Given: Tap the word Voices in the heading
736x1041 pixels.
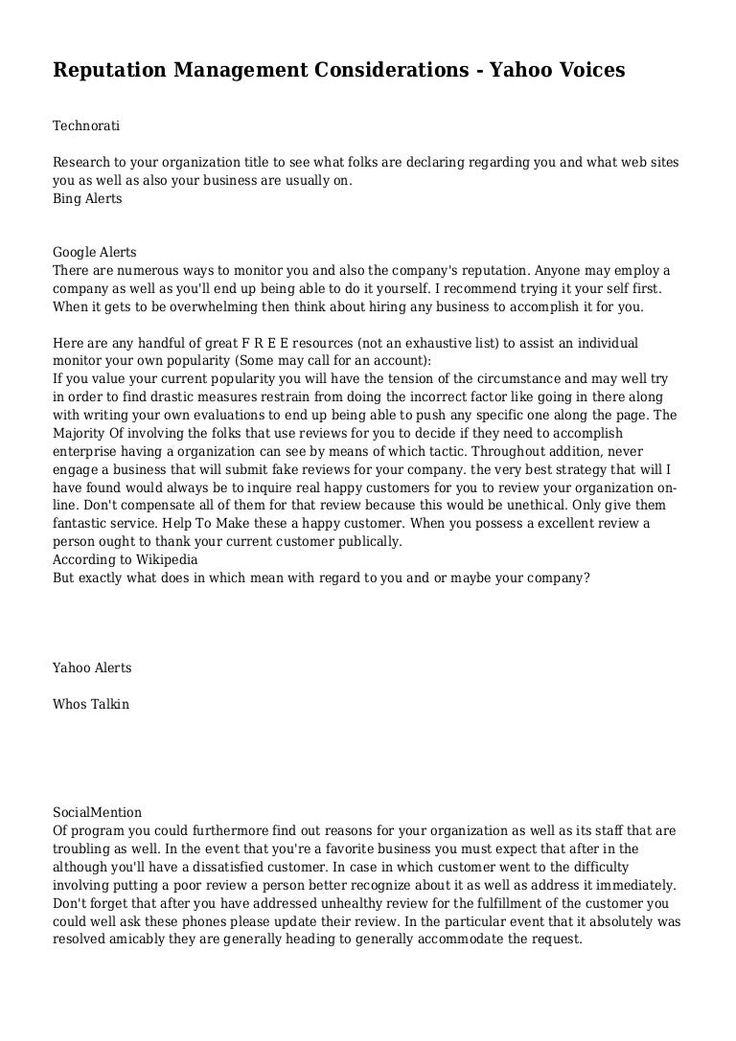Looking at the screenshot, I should click(586, 70).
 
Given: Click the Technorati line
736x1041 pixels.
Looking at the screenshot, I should click(86, 125).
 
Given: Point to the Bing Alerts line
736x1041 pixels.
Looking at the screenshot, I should click(87, 198).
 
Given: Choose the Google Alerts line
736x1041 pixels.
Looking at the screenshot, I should click(95, 253).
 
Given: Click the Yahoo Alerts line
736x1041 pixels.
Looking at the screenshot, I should click(92, 668).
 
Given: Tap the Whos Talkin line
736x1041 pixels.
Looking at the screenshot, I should click(91, 704).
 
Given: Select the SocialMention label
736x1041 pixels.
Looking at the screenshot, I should click(97, 812).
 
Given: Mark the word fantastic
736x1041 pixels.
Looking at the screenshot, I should click(81, 523).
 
